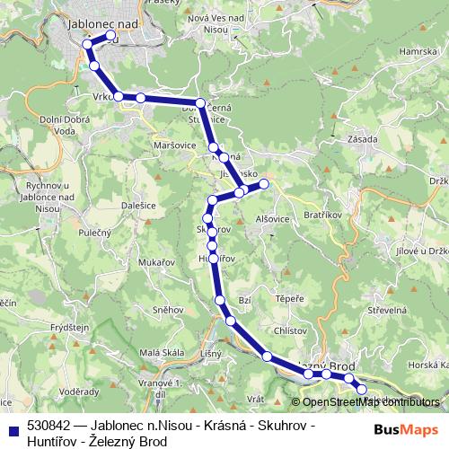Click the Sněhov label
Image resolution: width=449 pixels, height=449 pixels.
point(169,309)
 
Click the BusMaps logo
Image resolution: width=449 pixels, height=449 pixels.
point(406,428)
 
